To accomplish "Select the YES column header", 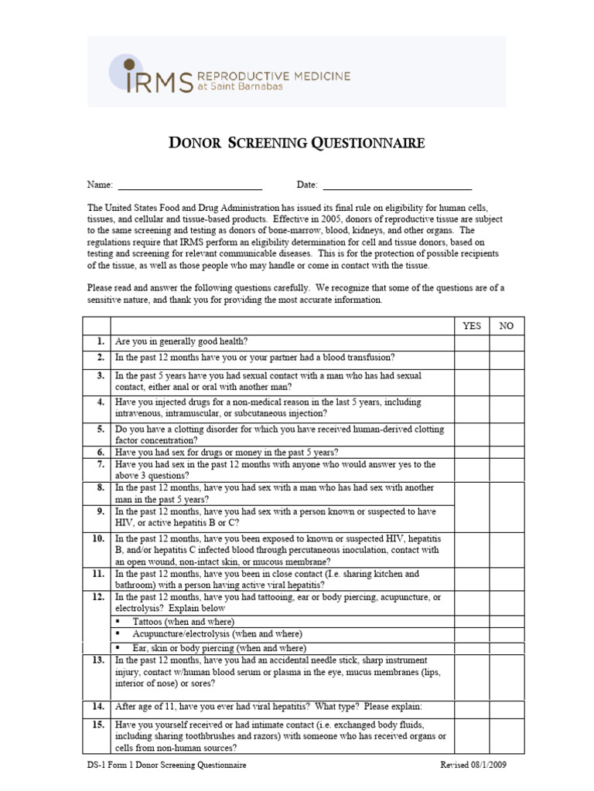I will click(471, 325).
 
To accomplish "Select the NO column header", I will click(506, 325).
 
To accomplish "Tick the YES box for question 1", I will click(471, 341).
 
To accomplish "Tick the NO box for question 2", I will click(506, 358).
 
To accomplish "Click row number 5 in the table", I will click(100, 429).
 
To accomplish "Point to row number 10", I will click(98, 538).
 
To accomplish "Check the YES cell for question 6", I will click(471, 453).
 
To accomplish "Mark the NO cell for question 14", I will click(506, 706).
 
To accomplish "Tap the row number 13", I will click(98, 661).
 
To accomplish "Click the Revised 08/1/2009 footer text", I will click(473, 766).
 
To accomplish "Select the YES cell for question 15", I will click(471, 736).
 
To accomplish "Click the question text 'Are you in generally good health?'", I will click(181, 341).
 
